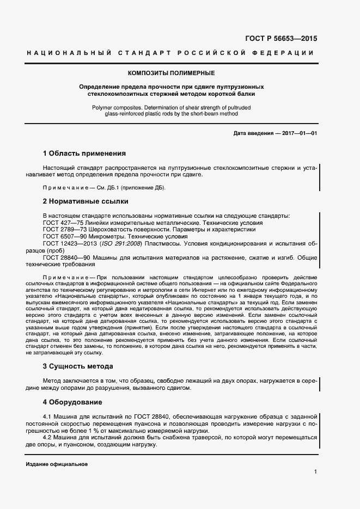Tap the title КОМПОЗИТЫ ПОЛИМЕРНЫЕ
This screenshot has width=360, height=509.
[171, 73]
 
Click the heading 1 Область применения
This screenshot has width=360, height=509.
[84, 154]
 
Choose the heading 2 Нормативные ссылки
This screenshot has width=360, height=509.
[86, 201]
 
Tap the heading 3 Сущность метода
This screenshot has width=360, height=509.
[78, 366]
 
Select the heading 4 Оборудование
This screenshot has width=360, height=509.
[72, 402]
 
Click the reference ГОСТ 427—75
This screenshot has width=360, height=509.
[62, 223]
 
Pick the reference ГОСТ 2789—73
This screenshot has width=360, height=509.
[64, 230]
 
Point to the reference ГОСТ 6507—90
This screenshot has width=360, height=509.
[64, 237]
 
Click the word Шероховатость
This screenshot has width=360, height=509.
[110, 230]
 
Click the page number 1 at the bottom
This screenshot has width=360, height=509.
[315, 471]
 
